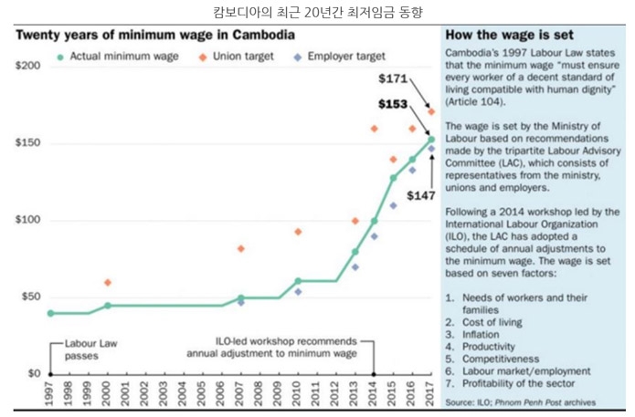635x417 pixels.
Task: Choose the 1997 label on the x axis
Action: tap(50, 395)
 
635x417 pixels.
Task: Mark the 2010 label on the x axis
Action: tap(298, 395)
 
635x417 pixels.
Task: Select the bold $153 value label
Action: tap(393, 104)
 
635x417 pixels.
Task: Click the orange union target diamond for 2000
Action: tap(108, 283)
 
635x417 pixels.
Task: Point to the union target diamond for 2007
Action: tap(241, 248)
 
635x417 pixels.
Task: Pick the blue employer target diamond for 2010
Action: tap(298, 292)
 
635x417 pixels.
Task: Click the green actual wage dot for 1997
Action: tap(50, 313)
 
